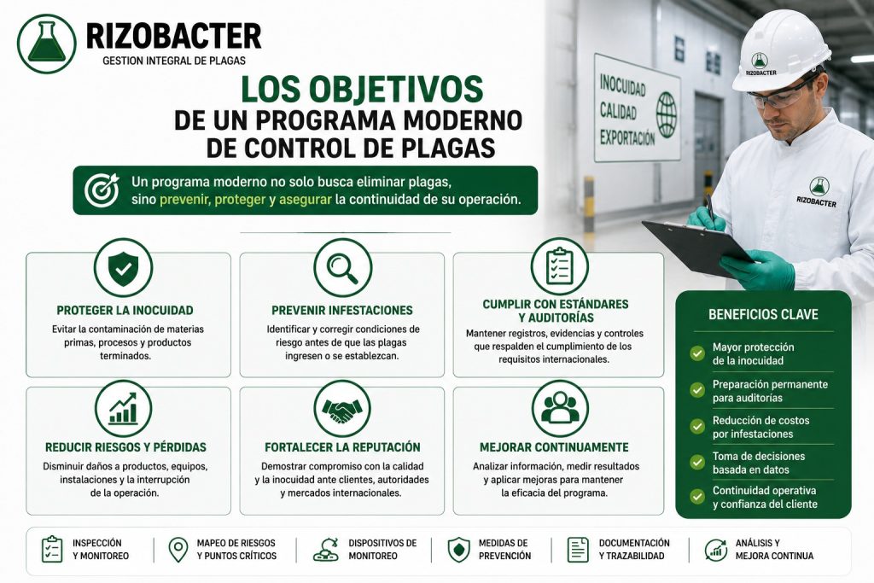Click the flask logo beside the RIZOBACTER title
pos(46,44)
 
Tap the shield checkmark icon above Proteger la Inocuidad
pos(123,267)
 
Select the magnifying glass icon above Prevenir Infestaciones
pos(342,267)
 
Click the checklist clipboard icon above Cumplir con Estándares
pos(559,266)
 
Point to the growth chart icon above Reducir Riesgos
pos(123,409)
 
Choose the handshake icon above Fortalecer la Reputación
pos(342,409)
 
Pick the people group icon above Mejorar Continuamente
pos(560,409)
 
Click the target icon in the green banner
pos(102,189)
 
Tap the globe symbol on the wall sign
pos(666,115)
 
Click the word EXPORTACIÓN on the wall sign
pos(627,137)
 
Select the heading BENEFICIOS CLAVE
pos(763,314)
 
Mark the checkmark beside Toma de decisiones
pos(697,462)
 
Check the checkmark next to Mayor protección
pos(697,353)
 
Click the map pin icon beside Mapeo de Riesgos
pos(178,550)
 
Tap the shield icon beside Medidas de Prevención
pos(458,550)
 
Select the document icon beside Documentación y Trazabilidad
pos(578,550)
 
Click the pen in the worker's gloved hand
pos(710,207)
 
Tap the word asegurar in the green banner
pos(306,200)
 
